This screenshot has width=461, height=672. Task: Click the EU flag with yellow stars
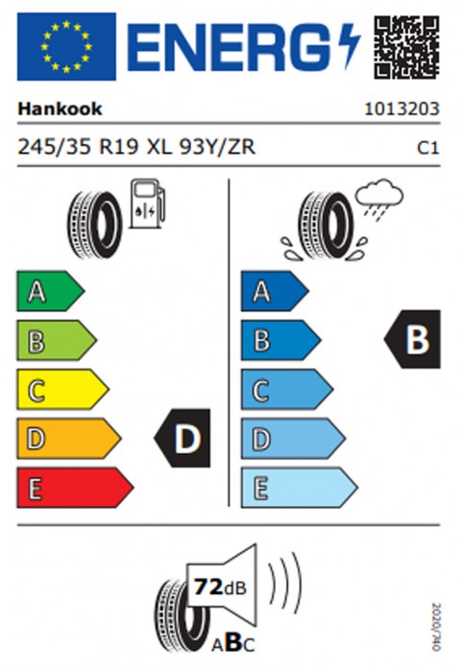click(x=66, y=46)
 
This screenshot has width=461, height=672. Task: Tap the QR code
click(x=406, y=47)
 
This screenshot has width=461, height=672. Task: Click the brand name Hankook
click(x=60, y=108)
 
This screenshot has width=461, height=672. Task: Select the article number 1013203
click(x=401, y=108)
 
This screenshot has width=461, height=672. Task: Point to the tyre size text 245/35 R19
click(x=78, y=147)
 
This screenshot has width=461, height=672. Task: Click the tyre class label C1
click(x=428, y=148)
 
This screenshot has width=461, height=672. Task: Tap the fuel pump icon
click(x=148, y=204)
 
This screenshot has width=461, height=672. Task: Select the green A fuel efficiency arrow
click(x=51, y=291)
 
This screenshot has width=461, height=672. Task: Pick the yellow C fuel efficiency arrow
click(x=62, y=389)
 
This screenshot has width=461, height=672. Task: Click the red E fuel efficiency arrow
click(x=75, y=488)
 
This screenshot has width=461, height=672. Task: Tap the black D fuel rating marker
click(x=182, y=438)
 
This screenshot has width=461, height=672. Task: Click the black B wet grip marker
click(x=412, y=340)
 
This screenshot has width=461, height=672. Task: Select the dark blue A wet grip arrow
click(x=275, y=291)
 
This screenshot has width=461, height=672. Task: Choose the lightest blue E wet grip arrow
click(x=300, y=488)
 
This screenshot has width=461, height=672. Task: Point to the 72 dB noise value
click(x=221, y=587)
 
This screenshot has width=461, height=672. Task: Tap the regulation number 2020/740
click(x=436, y=627)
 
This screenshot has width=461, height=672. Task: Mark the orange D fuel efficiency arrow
click(x=69, y=439)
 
